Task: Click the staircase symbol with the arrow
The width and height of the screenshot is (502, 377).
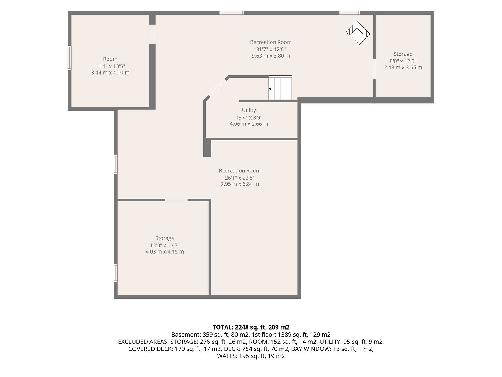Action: [x=280, y=88]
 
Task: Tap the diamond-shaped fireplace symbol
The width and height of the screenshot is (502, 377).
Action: [x=358, y=33]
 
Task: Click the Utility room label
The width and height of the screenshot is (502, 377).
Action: [x=249, y=110]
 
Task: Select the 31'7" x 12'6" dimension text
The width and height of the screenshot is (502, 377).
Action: [x=271, y=49]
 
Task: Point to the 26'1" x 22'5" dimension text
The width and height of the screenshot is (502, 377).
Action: [x=240, y=178]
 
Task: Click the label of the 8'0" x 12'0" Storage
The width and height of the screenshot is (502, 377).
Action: [x=403, y=54]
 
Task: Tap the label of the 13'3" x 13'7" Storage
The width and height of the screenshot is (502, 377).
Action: [x=165, y=238]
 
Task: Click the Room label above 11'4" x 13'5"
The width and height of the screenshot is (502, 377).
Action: [x=110, y=59]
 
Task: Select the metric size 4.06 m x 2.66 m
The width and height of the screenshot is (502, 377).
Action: [x=249, y=124]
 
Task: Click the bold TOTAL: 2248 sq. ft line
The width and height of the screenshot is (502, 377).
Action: [x=251, y=327]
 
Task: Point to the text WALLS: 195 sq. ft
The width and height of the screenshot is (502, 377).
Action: [x=242, y=356]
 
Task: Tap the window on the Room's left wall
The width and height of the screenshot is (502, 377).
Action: [x=70, y=58]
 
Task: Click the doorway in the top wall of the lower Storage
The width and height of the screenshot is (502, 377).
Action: [x=176, y=200]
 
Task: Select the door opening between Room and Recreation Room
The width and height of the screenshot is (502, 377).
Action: [x=152, y=34]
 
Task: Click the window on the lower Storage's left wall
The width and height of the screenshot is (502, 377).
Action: [x=116, y=273]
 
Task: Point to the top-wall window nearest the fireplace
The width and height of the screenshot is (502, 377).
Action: [x=350, y=13]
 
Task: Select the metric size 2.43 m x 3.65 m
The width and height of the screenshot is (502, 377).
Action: [x=403, y=67]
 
